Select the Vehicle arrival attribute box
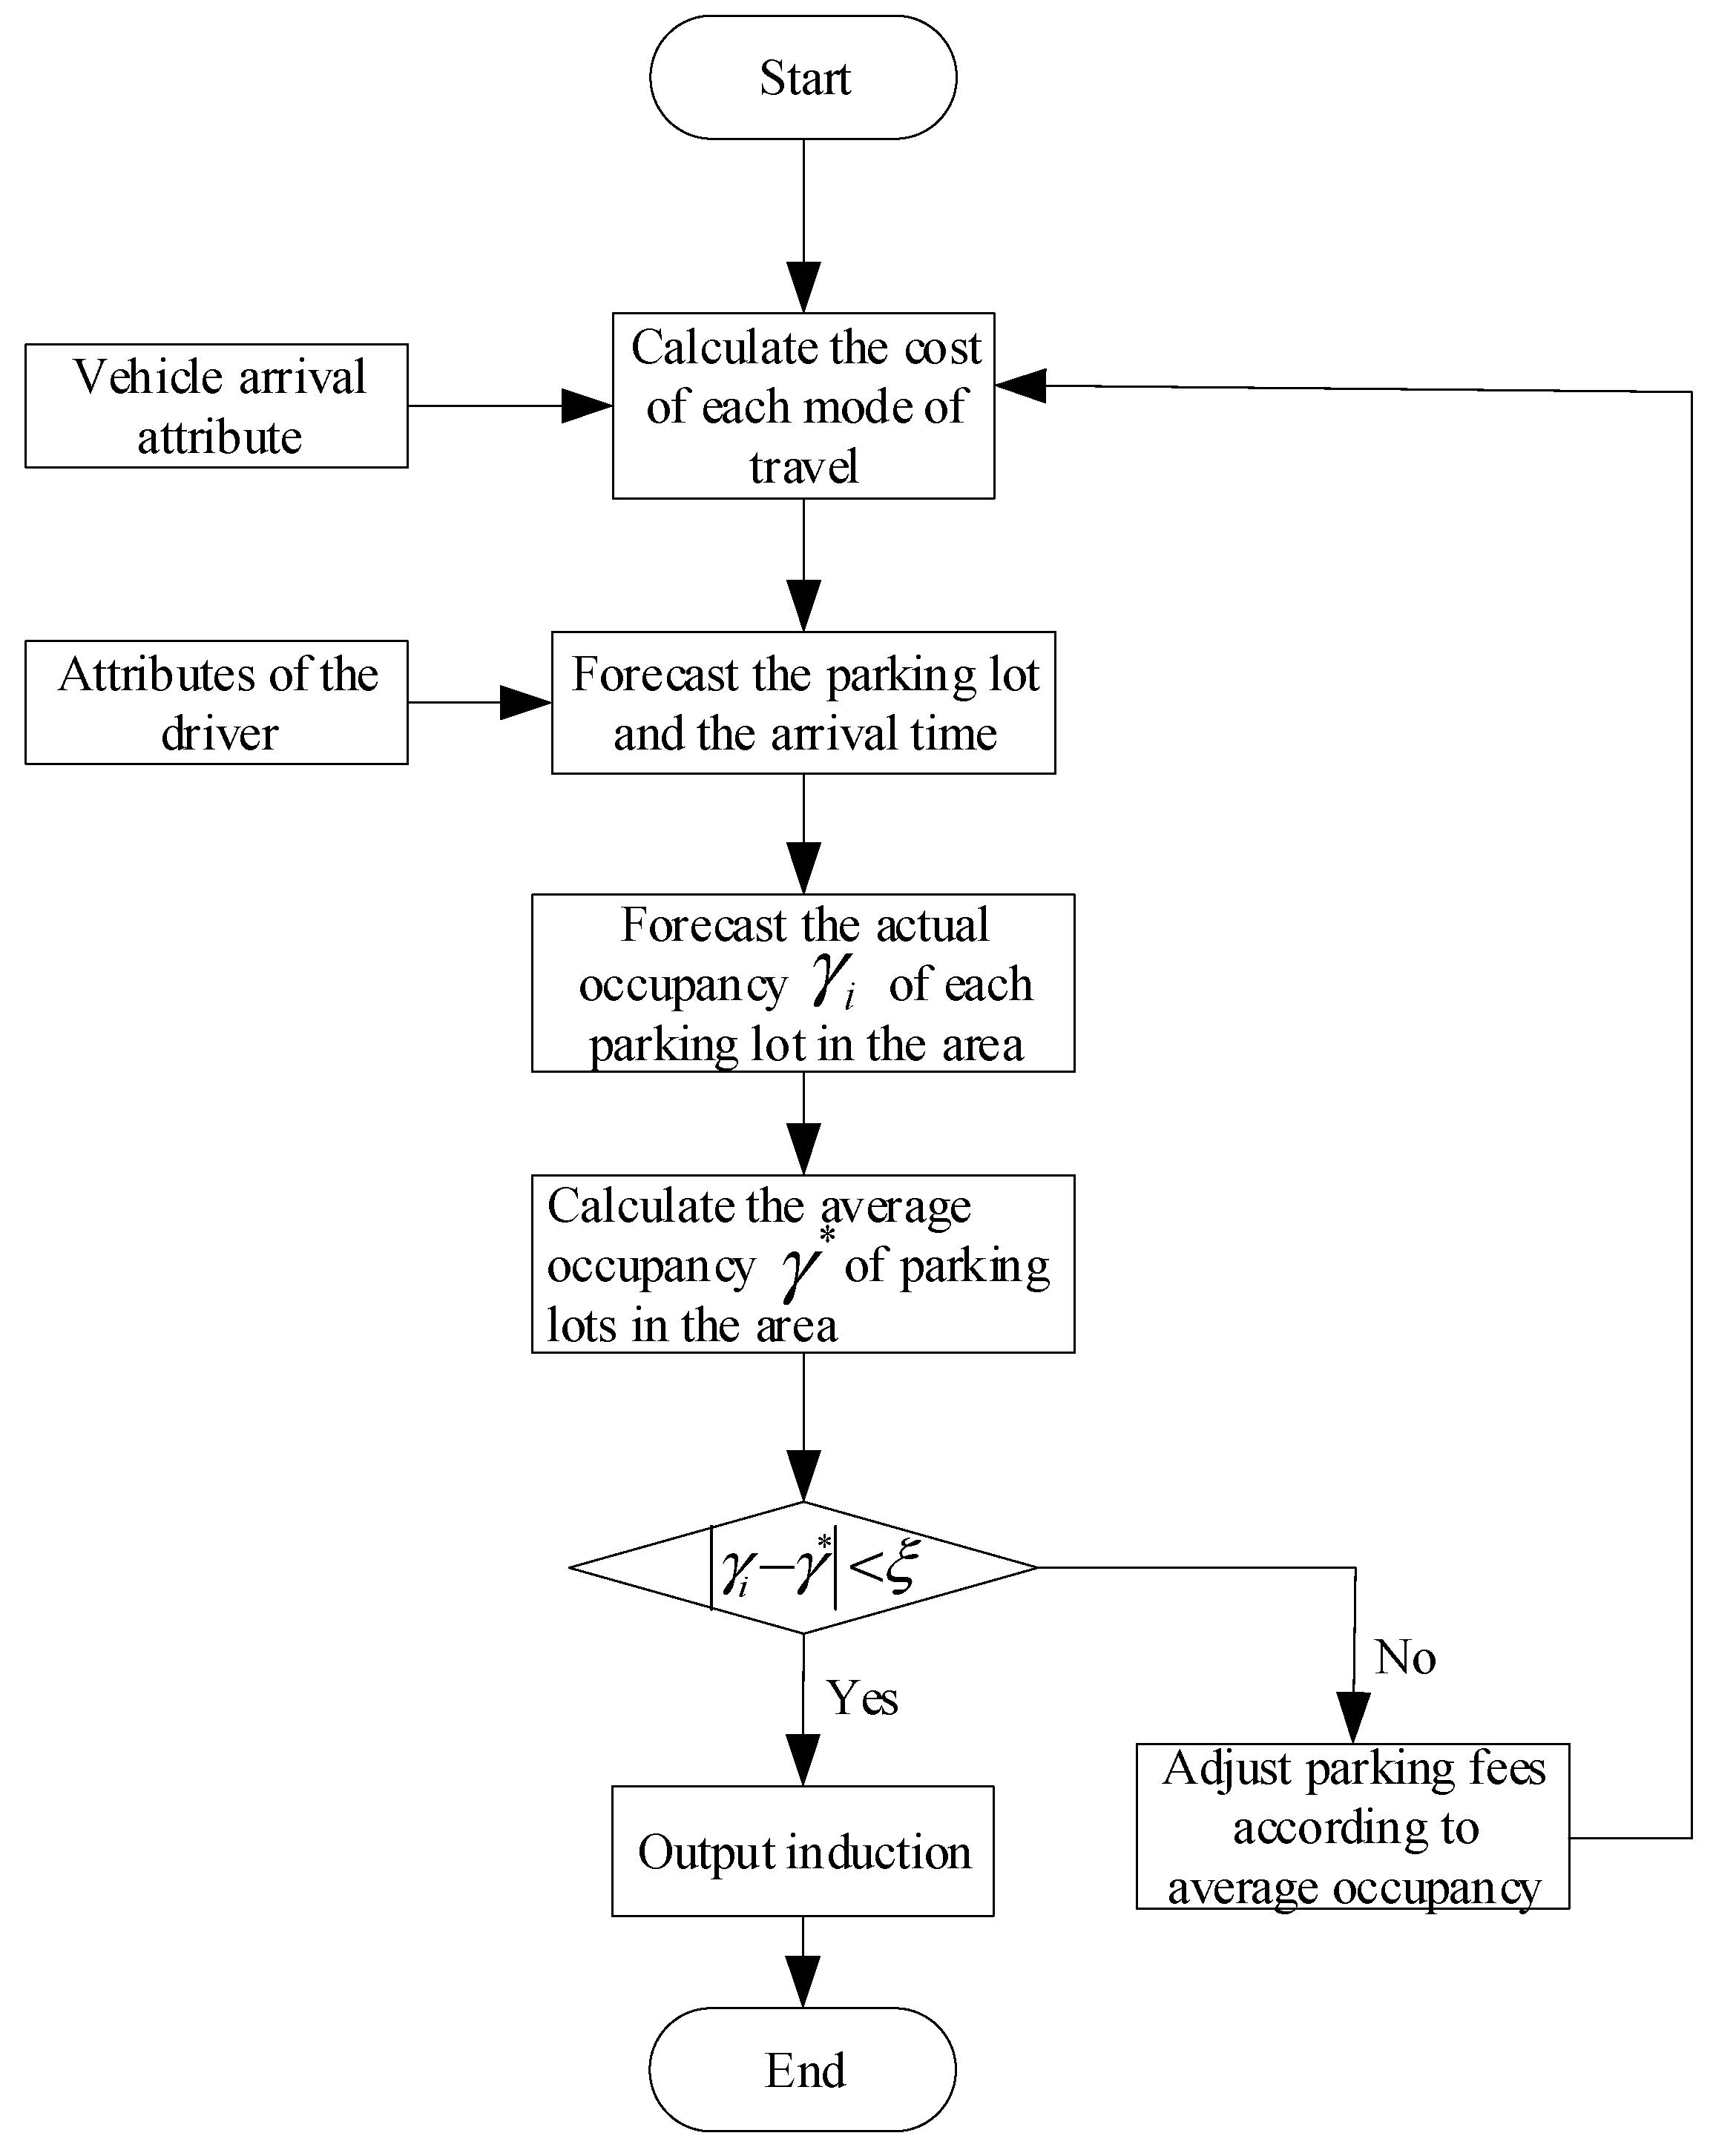coord(217,406)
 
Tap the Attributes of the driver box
coord(217,702)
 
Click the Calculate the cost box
coord(803,406)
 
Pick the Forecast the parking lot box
coord(803,702)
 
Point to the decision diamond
coord(803,1567)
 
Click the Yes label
coord(862,1698)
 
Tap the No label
coord(1404,1658)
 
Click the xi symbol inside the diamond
coord(901,1566)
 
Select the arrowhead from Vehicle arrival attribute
coord(587,406)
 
